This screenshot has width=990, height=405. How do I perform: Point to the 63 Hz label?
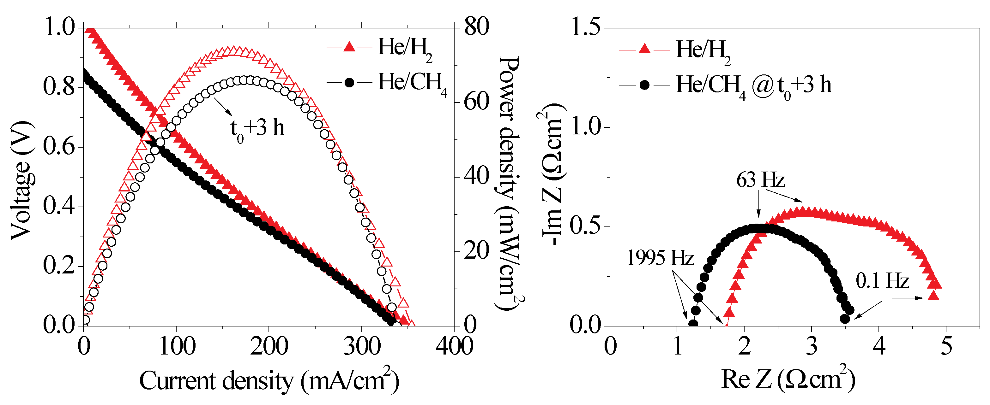point(760,180)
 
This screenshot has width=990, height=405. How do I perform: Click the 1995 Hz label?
point(660,258)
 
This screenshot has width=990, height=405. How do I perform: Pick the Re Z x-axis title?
point(788,379)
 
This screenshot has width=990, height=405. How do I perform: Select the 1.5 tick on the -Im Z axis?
point(586,28)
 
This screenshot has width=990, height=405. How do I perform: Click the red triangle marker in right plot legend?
point(644,49)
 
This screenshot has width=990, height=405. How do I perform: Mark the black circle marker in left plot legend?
point(349,83)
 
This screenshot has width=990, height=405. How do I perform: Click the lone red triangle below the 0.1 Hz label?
point(933,296)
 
